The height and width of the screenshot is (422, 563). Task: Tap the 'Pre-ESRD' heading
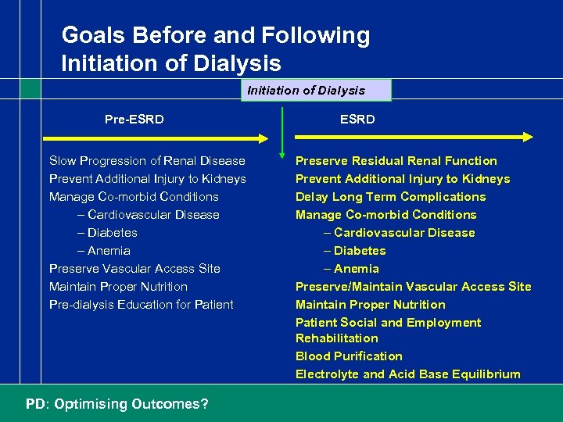[134, 119]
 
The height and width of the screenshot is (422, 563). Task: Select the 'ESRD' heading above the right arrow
[357, 119]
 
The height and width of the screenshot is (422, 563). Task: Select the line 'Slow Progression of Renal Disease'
[147, 161]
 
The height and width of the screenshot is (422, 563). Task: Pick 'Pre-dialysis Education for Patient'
[141, 305]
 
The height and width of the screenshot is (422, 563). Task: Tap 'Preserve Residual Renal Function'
[396, 161]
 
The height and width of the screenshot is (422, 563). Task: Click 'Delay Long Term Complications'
[390, 197]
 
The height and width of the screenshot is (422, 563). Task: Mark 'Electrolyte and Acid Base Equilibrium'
[407, 374]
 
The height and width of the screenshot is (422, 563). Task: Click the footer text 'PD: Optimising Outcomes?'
[117, 404]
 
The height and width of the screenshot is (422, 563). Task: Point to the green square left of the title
[30, 88]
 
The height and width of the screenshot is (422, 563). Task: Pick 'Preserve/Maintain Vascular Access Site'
[413, 287]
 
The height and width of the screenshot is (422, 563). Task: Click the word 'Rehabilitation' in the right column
[336, 338]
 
